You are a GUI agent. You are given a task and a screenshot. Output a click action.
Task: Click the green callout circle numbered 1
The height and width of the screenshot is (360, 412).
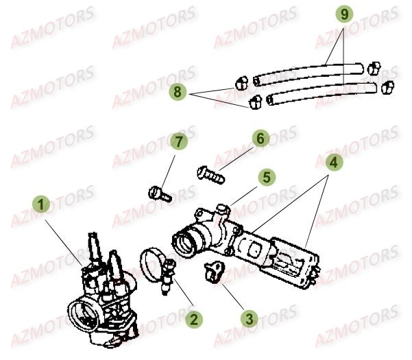click(43, 205)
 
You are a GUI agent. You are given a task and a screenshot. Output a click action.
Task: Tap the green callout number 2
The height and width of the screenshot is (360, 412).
click(194, 318)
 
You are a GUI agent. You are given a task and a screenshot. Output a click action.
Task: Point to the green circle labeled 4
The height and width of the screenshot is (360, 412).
click(332, 164)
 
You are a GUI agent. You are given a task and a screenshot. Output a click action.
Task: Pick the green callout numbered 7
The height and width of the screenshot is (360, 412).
click(178, 143)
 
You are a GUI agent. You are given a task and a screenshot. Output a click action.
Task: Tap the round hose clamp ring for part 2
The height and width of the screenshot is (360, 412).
click(155, 261)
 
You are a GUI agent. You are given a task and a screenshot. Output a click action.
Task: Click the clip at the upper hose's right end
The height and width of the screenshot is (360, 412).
click(374, 68)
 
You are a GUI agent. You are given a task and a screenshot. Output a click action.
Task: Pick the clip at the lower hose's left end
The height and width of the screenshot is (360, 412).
click(256, 103)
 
